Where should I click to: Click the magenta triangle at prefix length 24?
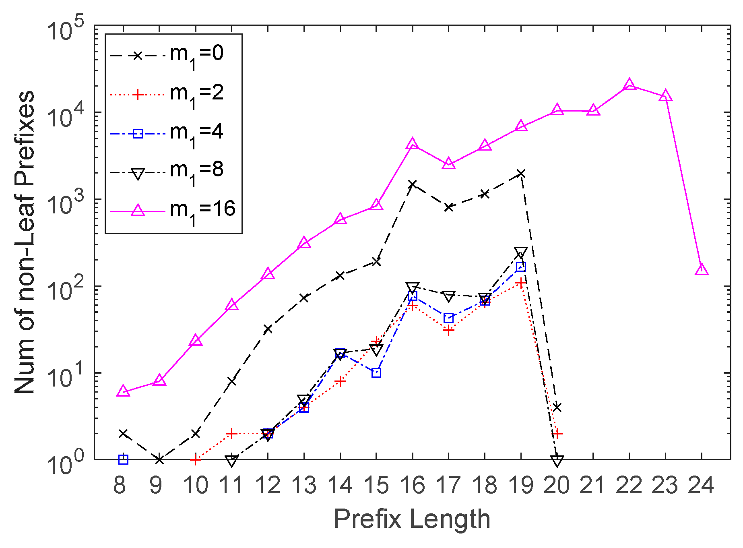pyautogui.click(x=702, y=269)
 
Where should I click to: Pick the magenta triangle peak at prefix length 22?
pyautogui.click(x=629, y=85)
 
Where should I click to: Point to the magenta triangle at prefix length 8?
pyautogui.click(x=123, y=391)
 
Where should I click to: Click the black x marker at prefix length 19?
pyautogui.click(x=521, y=174)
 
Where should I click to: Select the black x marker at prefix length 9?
pyautogui.click(x=159, y=459)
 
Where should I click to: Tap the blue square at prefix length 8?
pyautogui.click(x=123, y=459)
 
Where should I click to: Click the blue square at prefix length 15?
pyautogui.click(x=376, y=373)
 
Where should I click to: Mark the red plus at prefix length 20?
pyautogui.click(x=557, y=433)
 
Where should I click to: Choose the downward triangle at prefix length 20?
pyautogui.click(x=557, y=461)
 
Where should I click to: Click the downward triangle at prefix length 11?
pyautogui.click(x=232, y=461)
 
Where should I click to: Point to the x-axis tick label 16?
pyautogui.click(x=413, y=486)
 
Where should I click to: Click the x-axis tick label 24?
pyautogui.click(x=701, y=486)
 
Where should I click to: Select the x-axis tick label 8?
pyautogui.click(x=120, y=486)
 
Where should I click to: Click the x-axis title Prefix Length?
pyautogui.click(x=412, y=519)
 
